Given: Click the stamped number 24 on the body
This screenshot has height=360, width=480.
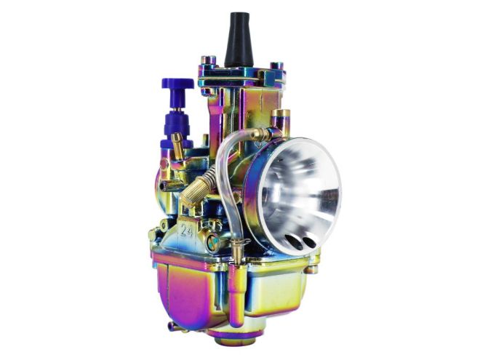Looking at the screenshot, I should [186, 231].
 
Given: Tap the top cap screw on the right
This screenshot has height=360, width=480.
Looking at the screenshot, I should [276, 67].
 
